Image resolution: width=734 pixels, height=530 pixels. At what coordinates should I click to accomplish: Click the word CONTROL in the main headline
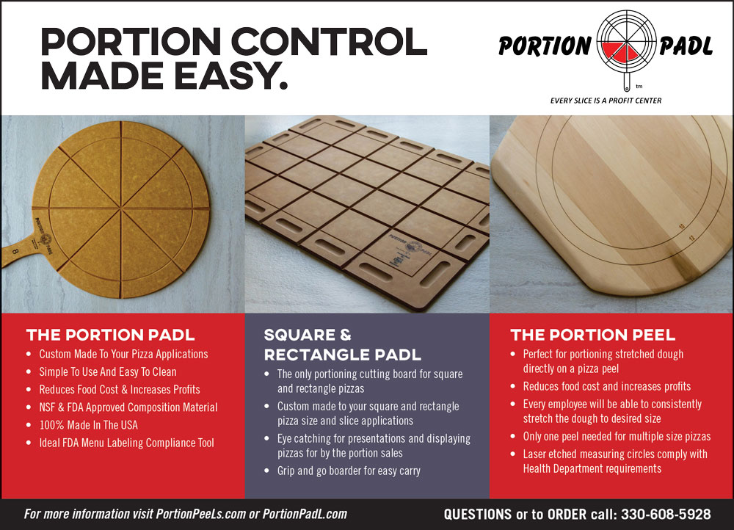click(x=329, y=41)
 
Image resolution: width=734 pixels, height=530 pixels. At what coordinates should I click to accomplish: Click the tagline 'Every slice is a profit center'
click(x=606, y=101)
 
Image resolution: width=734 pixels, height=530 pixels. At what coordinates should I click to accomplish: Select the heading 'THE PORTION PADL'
click(x=111, y=335)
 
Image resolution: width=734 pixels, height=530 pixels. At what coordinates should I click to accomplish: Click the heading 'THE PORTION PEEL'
click(x=592, y=335)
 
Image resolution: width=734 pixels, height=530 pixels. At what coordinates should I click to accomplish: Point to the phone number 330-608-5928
click(x=666, y=514)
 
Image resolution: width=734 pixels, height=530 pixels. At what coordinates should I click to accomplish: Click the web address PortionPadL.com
click(x=305, y=514)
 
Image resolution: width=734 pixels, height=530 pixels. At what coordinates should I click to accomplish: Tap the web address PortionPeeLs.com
click(x=201, y=514)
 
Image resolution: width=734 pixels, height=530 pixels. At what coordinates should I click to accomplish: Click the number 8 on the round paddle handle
click(x=15, y=251)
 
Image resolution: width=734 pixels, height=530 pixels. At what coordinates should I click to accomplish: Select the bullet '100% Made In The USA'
click(x=89, y=425)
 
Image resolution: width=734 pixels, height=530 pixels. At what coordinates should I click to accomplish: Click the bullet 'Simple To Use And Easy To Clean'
click(x=108, y=371)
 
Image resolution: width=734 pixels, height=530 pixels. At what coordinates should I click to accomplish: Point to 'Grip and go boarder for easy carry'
click(x=349, y=471)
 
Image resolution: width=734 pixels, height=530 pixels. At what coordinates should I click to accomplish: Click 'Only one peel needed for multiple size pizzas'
click(x=617, y=436)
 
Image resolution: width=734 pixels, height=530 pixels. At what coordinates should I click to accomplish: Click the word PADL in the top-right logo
click(x=686, y=46)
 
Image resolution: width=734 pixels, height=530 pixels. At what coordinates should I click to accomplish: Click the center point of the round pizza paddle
click(x=121, y=207)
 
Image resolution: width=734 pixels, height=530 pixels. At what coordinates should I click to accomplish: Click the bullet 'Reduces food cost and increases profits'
click(x=607, y=386)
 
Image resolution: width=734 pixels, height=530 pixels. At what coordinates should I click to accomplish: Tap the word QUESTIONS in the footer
click(x=478, y=514)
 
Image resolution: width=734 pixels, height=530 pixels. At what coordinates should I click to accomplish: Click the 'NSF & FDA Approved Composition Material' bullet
click(x=128, y=407)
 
